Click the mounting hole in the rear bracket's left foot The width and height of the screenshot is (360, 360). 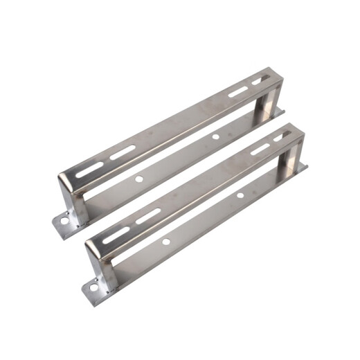64,222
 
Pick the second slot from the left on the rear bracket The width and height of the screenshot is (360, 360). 123,153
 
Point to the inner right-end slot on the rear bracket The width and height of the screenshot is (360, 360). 237,92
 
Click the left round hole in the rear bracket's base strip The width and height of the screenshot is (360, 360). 139,179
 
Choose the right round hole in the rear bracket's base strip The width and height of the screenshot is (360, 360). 215,136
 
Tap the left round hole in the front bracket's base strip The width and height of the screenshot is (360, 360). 166,241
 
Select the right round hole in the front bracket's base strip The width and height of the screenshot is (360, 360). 240,196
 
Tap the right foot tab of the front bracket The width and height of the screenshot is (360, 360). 303,168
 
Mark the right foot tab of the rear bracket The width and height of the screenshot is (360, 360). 279,111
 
